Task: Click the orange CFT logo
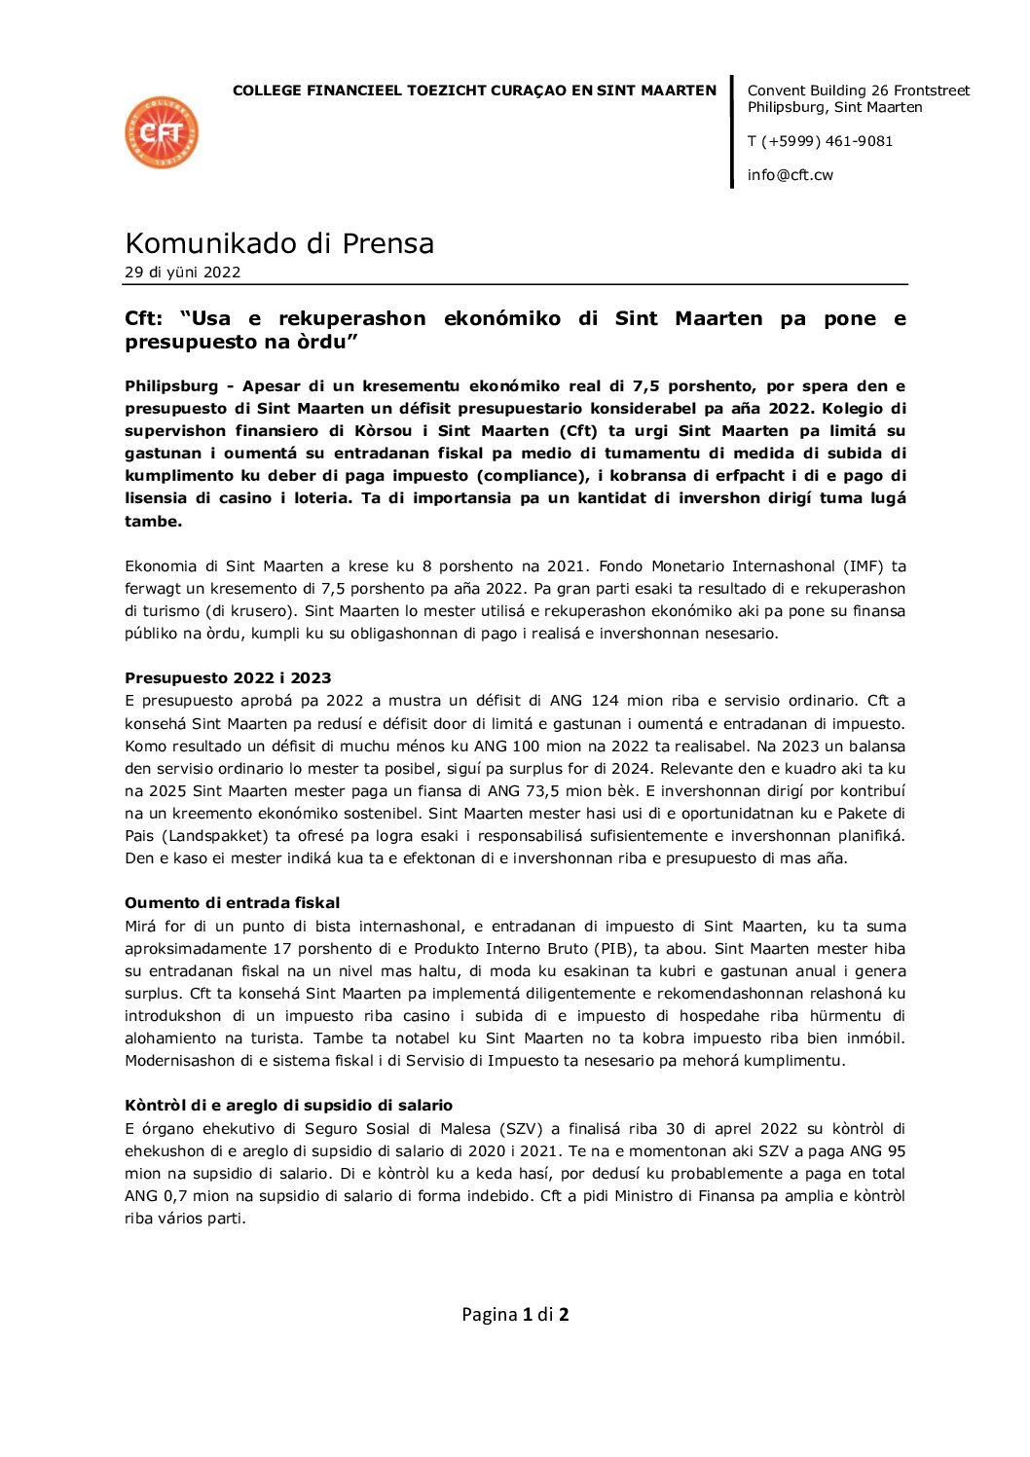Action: tap(162, 132)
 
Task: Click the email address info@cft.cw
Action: tap(790, 175)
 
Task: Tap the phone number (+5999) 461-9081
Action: tap(827, 141)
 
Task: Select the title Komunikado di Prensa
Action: tap(279, 242)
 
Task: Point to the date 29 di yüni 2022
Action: tap(182, 273)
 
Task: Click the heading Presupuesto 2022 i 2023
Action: tap(228, 678)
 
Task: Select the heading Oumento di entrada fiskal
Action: tap(232, 903)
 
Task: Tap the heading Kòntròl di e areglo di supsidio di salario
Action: tap(288, 1106)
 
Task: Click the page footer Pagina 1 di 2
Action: tap(515, 1315)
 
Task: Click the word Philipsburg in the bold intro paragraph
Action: tap(171, 386)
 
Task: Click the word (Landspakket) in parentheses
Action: tap(214, 836)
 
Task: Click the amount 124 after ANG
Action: tap(605, 701)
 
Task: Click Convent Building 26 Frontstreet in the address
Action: tap(858, 91)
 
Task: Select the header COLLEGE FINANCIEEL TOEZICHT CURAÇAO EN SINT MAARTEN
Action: tap(474, 91)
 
